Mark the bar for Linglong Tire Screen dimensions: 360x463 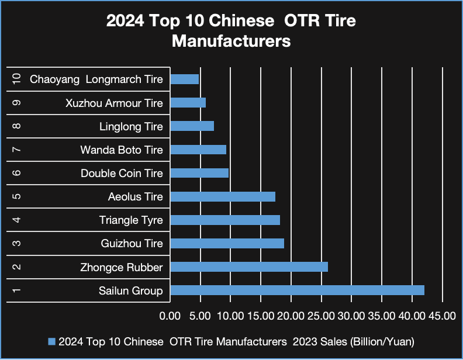[x=192, y=126]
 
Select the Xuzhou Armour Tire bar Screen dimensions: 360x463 [x=188, y=103]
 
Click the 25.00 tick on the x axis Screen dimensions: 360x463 [x=321, y=316]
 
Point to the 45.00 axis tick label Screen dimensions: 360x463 [x=442, y=316]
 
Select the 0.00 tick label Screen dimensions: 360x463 [x=170, y=316]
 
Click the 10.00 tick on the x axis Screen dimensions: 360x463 [x=230, y=316]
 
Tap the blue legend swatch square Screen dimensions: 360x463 [x=51, y=341]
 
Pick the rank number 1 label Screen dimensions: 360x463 [x=16, y=290]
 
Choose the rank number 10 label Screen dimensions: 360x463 [x=16, y=79]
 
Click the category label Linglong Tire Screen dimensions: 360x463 [x=131, y=126]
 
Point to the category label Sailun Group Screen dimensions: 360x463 [x=130, y=290]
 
